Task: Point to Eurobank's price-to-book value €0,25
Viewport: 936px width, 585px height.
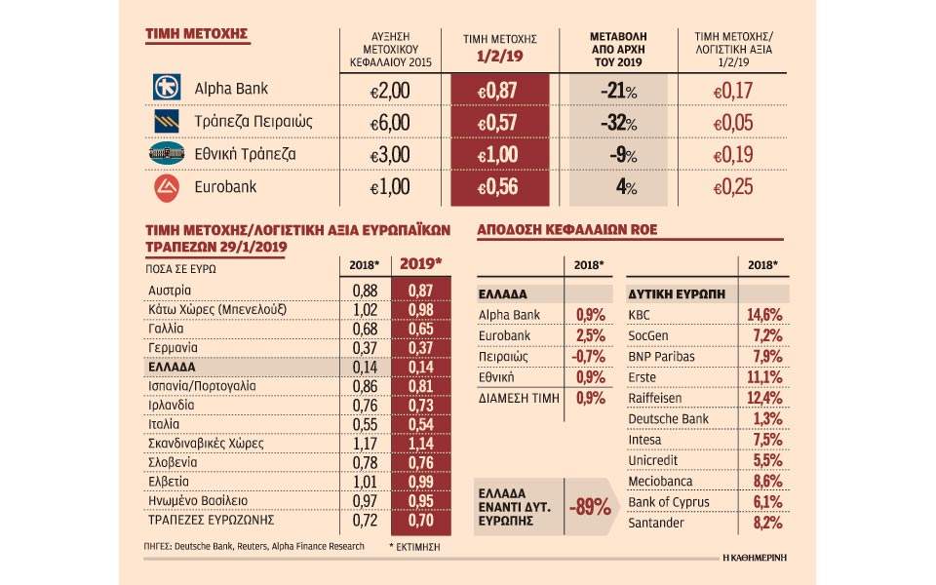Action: pos(733,186)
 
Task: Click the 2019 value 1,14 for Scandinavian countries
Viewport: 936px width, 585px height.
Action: pos(419,444)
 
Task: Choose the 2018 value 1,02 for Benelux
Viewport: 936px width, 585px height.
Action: pos(364,309)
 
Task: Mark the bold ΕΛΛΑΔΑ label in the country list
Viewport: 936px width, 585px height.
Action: pos(171,367)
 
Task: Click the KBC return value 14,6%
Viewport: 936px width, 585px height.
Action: pos(762,315)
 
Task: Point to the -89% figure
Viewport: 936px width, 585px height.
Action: pos(589,507)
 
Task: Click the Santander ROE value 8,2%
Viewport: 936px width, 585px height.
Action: pos(765,524)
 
